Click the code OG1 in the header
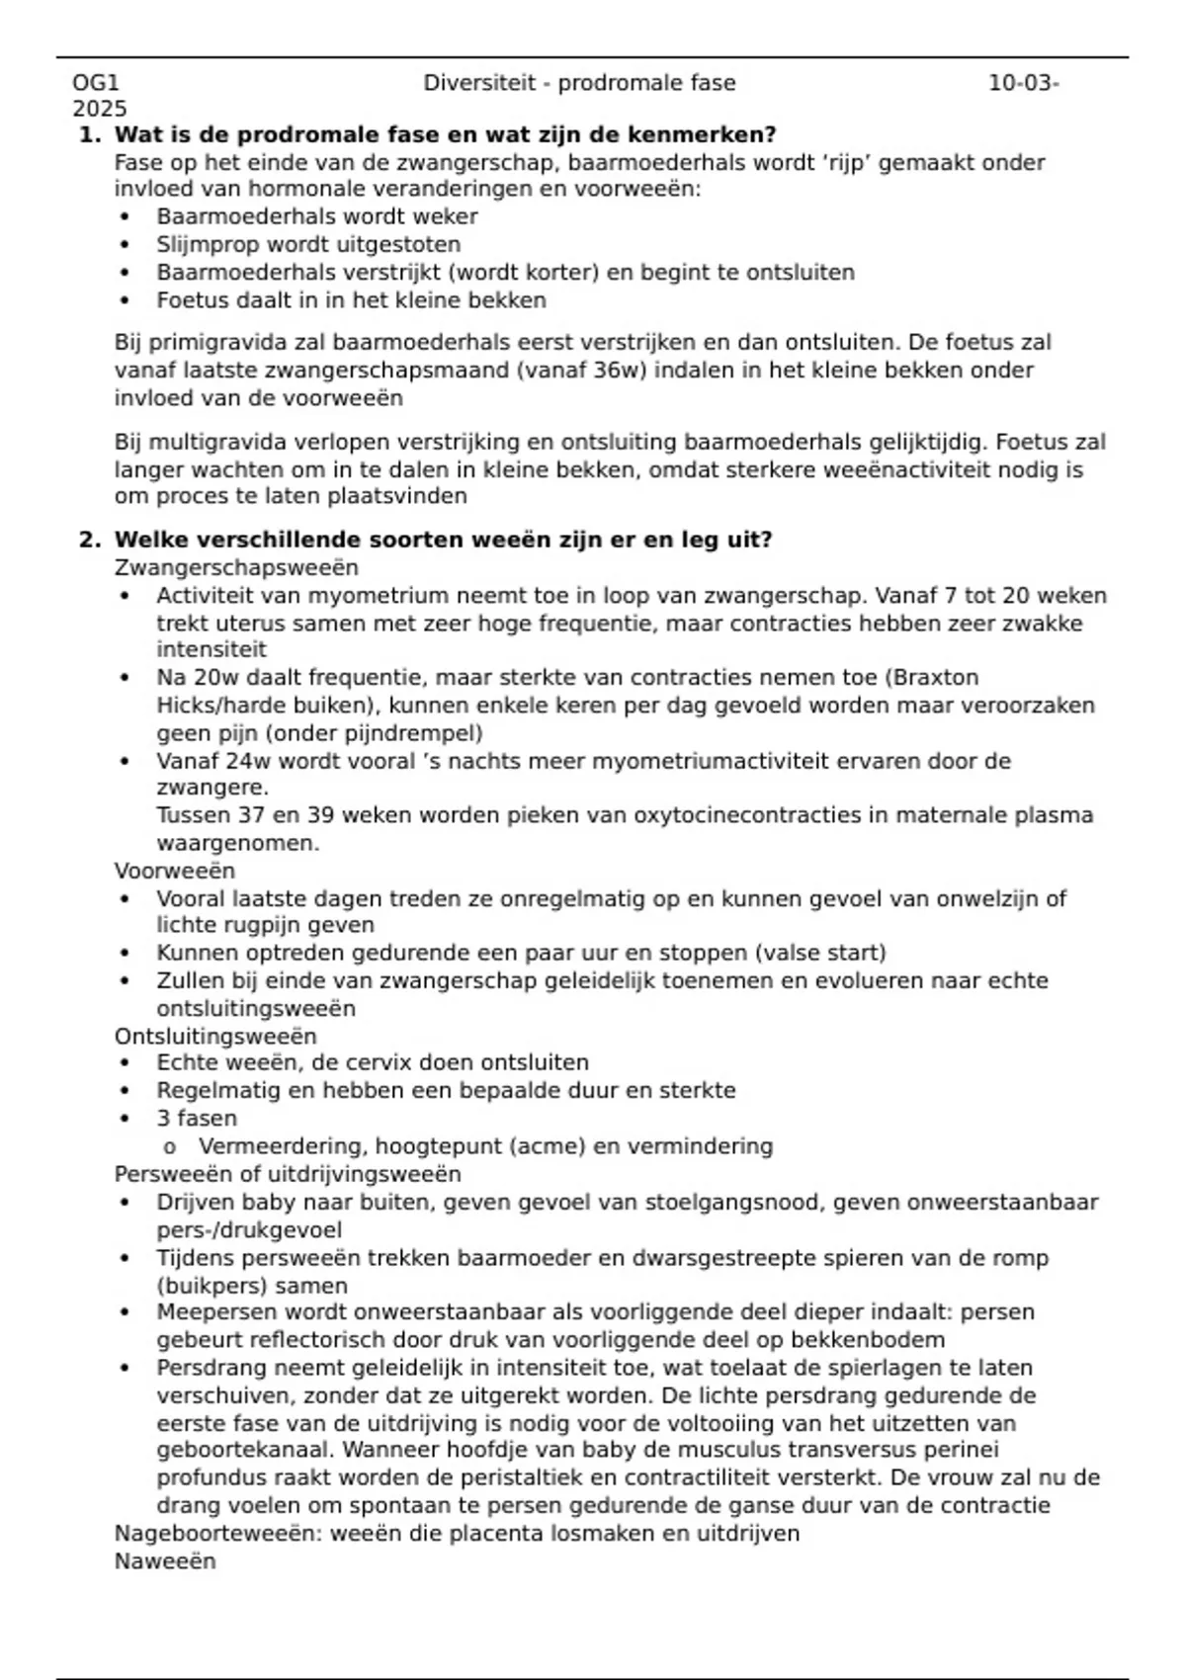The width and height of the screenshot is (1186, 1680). (95, 83)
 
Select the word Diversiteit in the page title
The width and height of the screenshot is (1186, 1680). (479, 83)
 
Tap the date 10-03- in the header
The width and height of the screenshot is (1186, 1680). (1023, 83)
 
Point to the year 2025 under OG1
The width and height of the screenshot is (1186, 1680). (99, 109)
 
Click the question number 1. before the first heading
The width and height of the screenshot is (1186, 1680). (90, 134)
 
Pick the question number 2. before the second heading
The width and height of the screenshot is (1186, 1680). (90, 540)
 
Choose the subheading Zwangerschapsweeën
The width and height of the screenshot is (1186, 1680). (236, 568)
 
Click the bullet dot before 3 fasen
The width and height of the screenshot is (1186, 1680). (125, 1119)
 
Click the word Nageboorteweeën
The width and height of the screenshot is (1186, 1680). (217, 1534)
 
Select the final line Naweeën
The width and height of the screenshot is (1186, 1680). (165, 1561)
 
